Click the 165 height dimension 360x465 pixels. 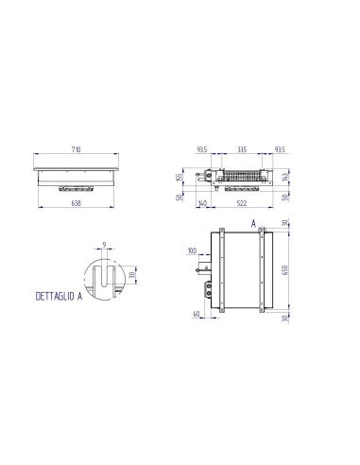180,176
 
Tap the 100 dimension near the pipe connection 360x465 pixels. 193,251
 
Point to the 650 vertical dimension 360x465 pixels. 286,269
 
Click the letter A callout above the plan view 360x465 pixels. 255,223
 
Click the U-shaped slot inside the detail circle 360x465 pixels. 104,280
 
